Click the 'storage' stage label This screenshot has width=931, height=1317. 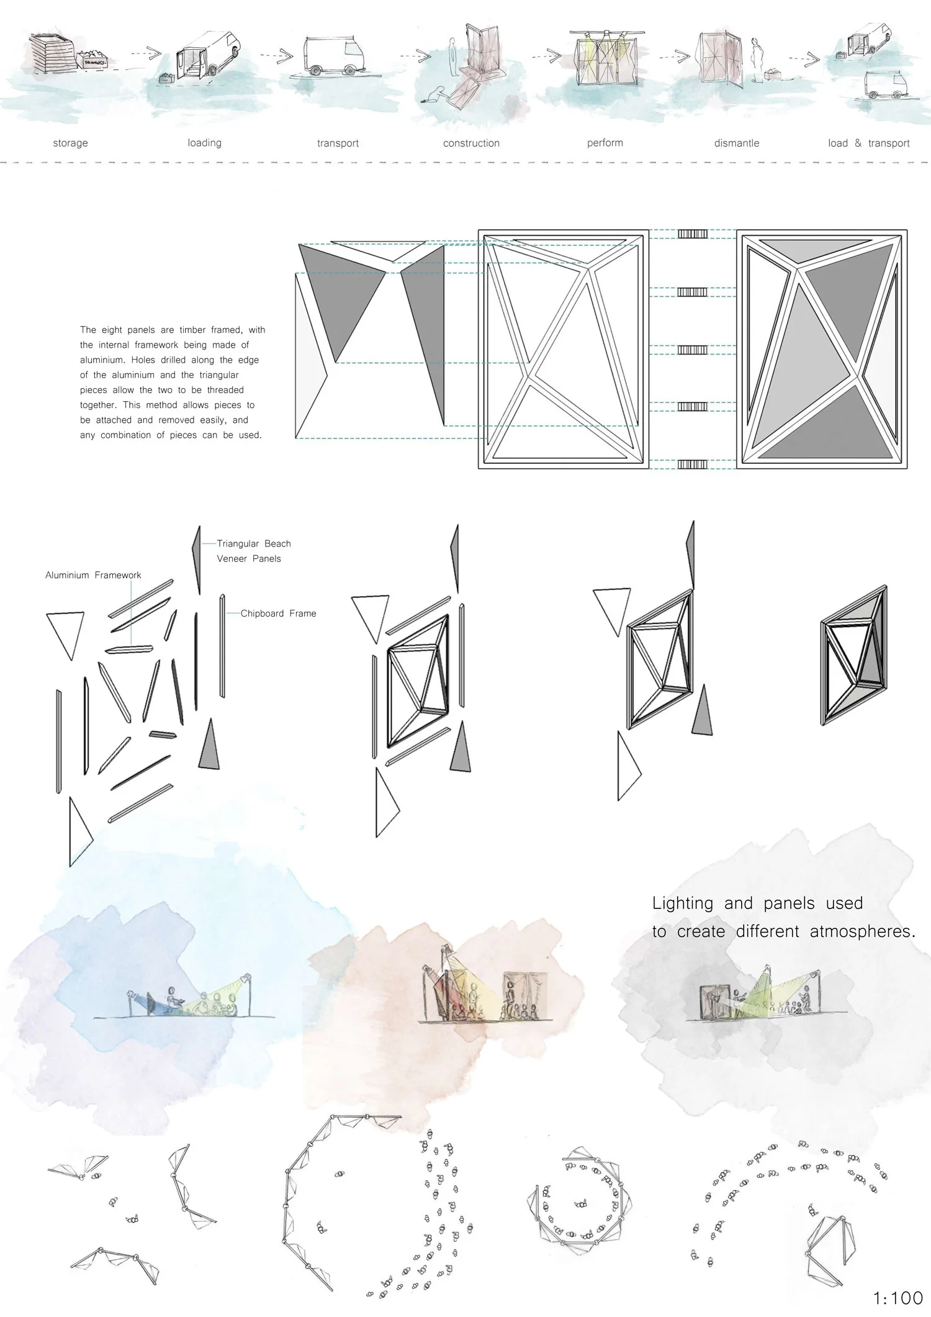(70, 143)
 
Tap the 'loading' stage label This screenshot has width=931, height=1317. (204, 143)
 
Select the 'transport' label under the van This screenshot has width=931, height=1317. (338, 143)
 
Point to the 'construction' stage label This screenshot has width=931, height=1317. (471, 143)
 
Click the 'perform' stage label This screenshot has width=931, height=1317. (605, 143)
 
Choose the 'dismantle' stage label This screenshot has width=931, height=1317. (736, 143)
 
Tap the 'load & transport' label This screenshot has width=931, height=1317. (868, 143)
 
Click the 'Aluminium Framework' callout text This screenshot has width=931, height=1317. (93, 576)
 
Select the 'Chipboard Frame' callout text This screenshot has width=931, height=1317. (278, 613)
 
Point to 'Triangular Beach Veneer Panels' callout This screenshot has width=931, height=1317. (253, 551)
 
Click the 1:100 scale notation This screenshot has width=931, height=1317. (897, 1298)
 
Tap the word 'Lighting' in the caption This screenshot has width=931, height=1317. (682, 903)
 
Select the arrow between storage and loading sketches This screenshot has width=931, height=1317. (146, 54)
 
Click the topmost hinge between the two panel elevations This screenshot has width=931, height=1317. (692, 234)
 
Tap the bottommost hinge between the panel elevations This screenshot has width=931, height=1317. (692, 464)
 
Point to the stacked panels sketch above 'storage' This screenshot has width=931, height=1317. (52, 53)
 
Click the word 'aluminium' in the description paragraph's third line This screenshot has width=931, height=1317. (102, 360)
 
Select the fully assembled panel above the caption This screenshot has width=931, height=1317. (853, 655)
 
